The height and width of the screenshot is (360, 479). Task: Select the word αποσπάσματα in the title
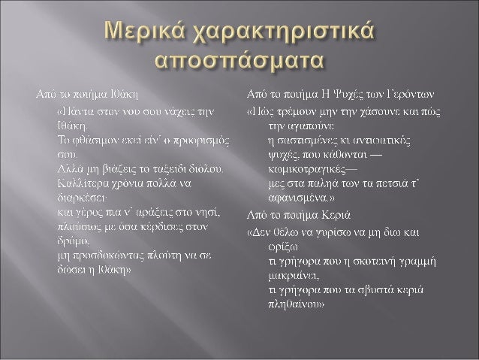(238, 60)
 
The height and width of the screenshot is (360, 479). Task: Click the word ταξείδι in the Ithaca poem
(157, 168)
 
